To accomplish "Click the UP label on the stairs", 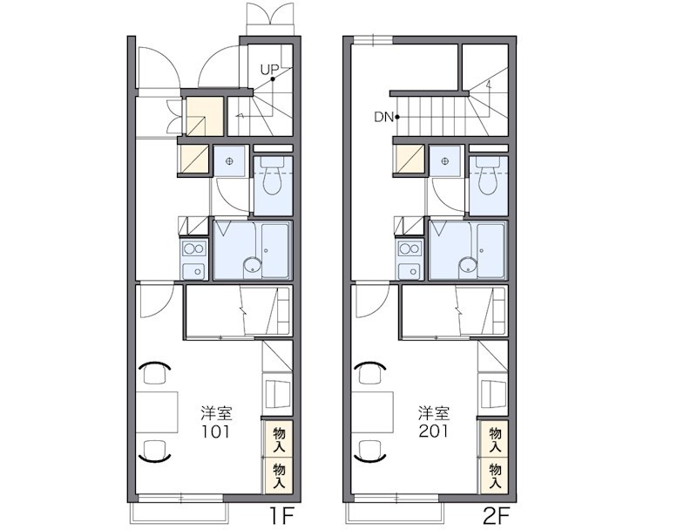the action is coord(269,70).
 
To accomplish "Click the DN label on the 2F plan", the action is coord(383,118).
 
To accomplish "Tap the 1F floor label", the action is coord(281,516).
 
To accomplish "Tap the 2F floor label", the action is coord(496,516).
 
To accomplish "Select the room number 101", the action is coord(216,431).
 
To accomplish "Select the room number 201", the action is coord(433,431).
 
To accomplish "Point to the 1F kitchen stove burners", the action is coord(194,249).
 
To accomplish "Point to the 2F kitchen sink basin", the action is coord(409,271).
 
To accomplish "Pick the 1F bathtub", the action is coord(275,251).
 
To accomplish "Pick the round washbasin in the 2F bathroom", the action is coord(468,266).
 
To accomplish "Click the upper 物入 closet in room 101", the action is coord(279,439).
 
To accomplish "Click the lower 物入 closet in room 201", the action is coord(495,476).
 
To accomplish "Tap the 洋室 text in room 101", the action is coord(216,413).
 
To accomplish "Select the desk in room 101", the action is coord(157,412).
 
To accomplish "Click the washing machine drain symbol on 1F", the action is coord(229,161).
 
